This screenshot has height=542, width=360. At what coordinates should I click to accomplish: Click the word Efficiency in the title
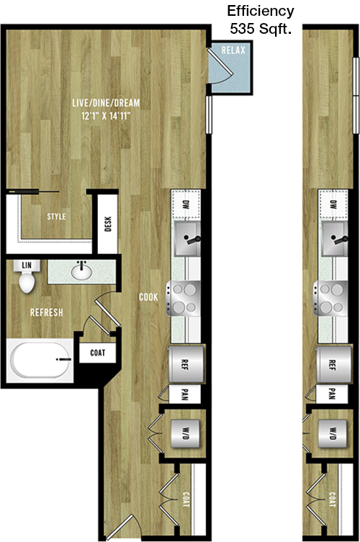[x=261, y=12]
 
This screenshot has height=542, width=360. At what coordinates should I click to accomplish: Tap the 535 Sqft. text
[x=261, y=29]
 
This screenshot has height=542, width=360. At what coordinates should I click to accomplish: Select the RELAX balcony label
[x=233, y=50]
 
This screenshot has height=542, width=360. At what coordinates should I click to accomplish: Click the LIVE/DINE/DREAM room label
[x=106, y=103]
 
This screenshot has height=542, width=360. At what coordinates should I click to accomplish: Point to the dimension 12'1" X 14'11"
[x=106, y=116]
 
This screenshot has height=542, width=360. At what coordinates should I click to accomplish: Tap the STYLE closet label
[x=56, y=217]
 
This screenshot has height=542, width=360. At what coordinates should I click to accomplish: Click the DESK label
[x=107, y=224]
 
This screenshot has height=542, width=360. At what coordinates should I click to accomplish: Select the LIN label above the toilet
[x=27, y=266]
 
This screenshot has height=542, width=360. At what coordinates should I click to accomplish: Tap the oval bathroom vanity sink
[x=81, y=272]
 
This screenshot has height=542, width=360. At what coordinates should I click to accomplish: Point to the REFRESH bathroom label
[x=47, y=313]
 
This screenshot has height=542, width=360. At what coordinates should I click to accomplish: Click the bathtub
[x=40, y=360]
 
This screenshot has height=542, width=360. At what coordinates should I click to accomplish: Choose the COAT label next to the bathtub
[x=97, y=353]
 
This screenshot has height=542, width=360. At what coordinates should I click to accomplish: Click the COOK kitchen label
[x=148, y=297]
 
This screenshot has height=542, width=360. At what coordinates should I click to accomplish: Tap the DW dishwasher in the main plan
[x=186, y=204]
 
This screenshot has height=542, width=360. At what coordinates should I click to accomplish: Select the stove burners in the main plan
[x=184, y=298]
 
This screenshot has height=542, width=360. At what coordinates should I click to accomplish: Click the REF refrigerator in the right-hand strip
[x=333, y=363]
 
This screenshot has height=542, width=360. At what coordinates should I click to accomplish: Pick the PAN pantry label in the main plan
[x=184, y=394]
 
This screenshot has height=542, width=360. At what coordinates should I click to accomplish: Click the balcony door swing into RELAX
[x=221, y=66]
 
